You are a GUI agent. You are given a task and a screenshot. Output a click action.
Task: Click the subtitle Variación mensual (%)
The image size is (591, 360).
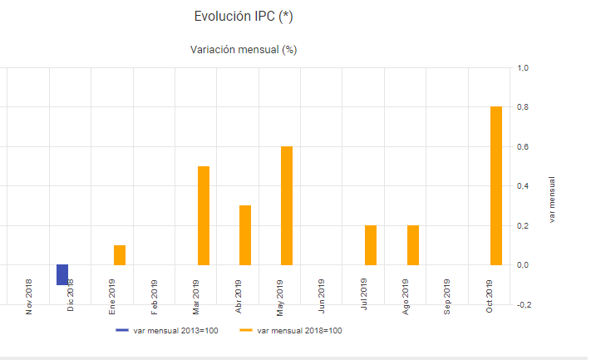[244, 50]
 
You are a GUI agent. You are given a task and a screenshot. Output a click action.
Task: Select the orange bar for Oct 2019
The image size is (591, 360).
[496, 185]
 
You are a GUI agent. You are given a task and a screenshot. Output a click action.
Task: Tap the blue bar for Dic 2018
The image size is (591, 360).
[62, 274]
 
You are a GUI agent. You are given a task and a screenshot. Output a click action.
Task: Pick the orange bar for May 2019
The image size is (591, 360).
[287, 205]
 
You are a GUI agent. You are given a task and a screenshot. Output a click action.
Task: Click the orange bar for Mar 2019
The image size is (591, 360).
[203, 215]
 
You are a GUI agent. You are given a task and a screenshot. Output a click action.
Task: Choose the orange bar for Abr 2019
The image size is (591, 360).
[245, 234]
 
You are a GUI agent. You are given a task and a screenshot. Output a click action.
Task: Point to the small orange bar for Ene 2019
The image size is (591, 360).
[120, 254]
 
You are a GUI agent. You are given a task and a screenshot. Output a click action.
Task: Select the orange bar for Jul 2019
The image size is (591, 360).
[371, 244]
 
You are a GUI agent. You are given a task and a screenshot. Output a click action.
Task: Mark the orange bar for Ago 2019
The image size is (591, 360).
[413, 244]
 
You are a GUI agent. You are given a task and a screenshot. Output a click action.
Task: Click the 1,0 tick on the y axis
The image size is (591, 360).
[524, 68]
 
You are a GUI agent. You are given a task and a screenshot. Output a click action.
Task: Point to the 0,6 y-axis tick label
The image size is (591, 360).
[524, 147]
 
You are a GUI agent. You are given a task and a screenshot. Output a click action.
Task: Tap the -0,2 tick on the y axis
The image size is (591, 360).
[523, 305]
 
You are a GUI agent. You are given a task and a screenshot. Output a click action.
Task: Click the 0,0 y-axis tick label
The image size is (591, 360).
[524, 265]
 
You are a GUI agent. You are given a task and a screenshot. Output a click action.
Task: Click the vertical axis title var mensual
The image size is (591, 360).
[554, 199]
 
